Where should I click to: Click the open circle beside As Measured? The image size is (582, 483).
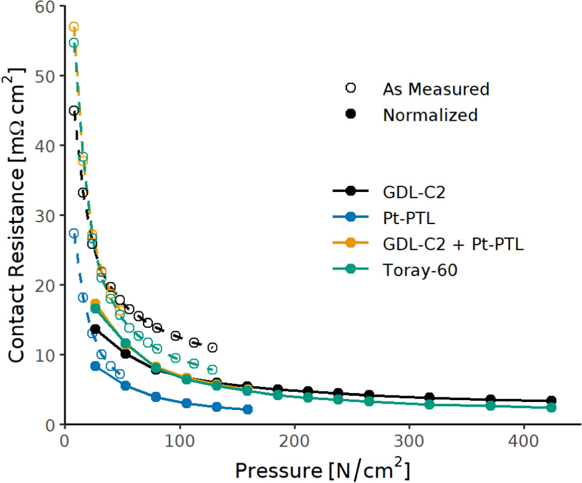pos(350,88)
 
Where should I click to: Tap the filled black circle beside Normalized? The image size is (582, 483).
pos(350,114)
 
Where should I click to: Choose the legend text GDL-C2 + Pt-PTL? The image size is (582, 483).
pos(453,244)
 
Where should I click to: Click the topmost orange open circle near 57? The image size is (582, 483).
pos(73,27)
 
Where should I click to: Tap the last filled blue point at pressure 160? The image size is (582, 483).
pos(247,409)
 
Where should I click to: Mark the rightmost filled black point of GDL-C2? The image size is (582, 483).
pos(551,401)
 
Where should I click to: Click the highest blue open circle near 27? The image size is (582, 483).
pos(73,233)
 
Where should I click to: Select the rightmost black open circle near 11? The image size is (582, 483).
pos(212,348)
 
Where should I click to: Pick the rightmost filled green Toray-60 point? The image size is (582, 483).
pos(551,407)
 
